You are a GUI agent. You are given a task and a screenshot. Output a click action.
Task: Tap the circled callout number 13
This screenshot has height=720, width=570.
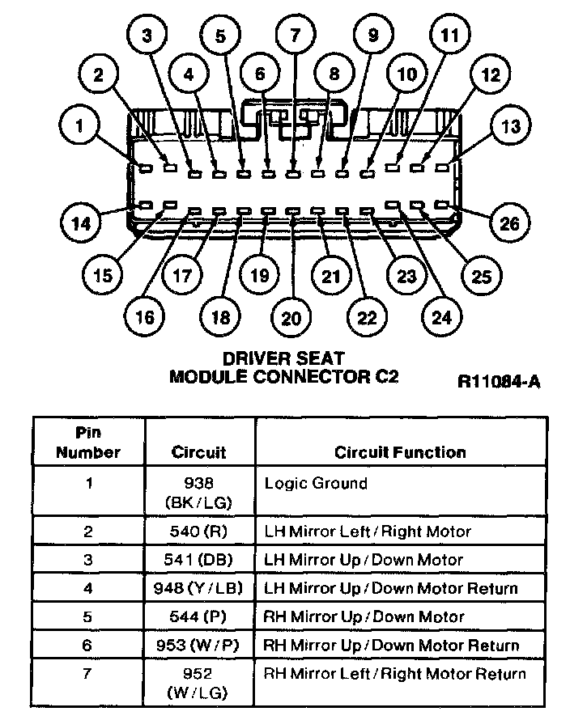coord(511,126)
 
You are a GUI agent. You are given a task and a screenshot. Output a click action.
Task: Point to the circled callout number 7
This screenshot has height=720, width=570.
coord(294,35)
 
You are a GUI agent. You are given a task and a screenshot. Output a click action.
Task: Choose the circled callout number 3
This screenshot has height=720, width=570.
coord(148,35)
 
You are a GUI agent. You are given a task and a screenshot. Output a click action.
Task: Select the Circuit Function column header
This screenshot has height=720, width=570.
coord(400,452)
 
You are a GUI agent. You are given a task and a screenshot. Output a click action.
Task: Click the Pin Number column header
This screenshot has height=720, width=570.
coord(88,443)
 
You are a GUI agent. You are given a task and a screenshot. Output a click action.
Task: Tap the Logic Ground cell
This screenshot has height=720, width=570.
coord(316,484)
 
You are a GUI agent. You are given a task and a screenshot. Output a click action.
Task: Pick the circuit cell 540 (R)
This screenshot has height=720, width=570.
coord(198,532)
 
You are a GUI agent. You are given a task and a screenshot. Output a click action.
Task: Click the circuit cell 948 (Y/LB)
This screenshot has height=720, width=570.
coord(198,588)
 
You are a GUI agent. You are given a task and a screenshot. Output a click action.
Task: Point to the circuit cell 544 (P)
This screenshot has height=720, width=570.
coord(198,616)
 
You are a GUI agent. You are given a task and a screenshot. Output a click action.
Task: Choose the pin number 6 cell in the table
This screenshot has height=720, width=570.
coord(88,645)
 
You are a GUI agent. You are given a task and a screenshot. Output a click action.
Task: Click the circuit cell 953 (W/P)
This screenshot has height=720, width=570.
coord(198,645)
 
